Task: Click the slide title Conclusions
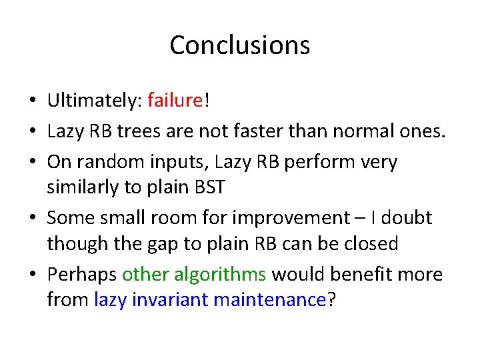(239, 45)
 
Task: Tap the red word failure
(175, 100)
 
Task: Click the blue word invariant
(171, 300)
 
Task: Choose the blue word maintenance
(270, 300)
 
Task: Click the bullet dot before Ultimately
(32, 101)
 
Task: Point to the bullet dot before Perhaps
(32, 275)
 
